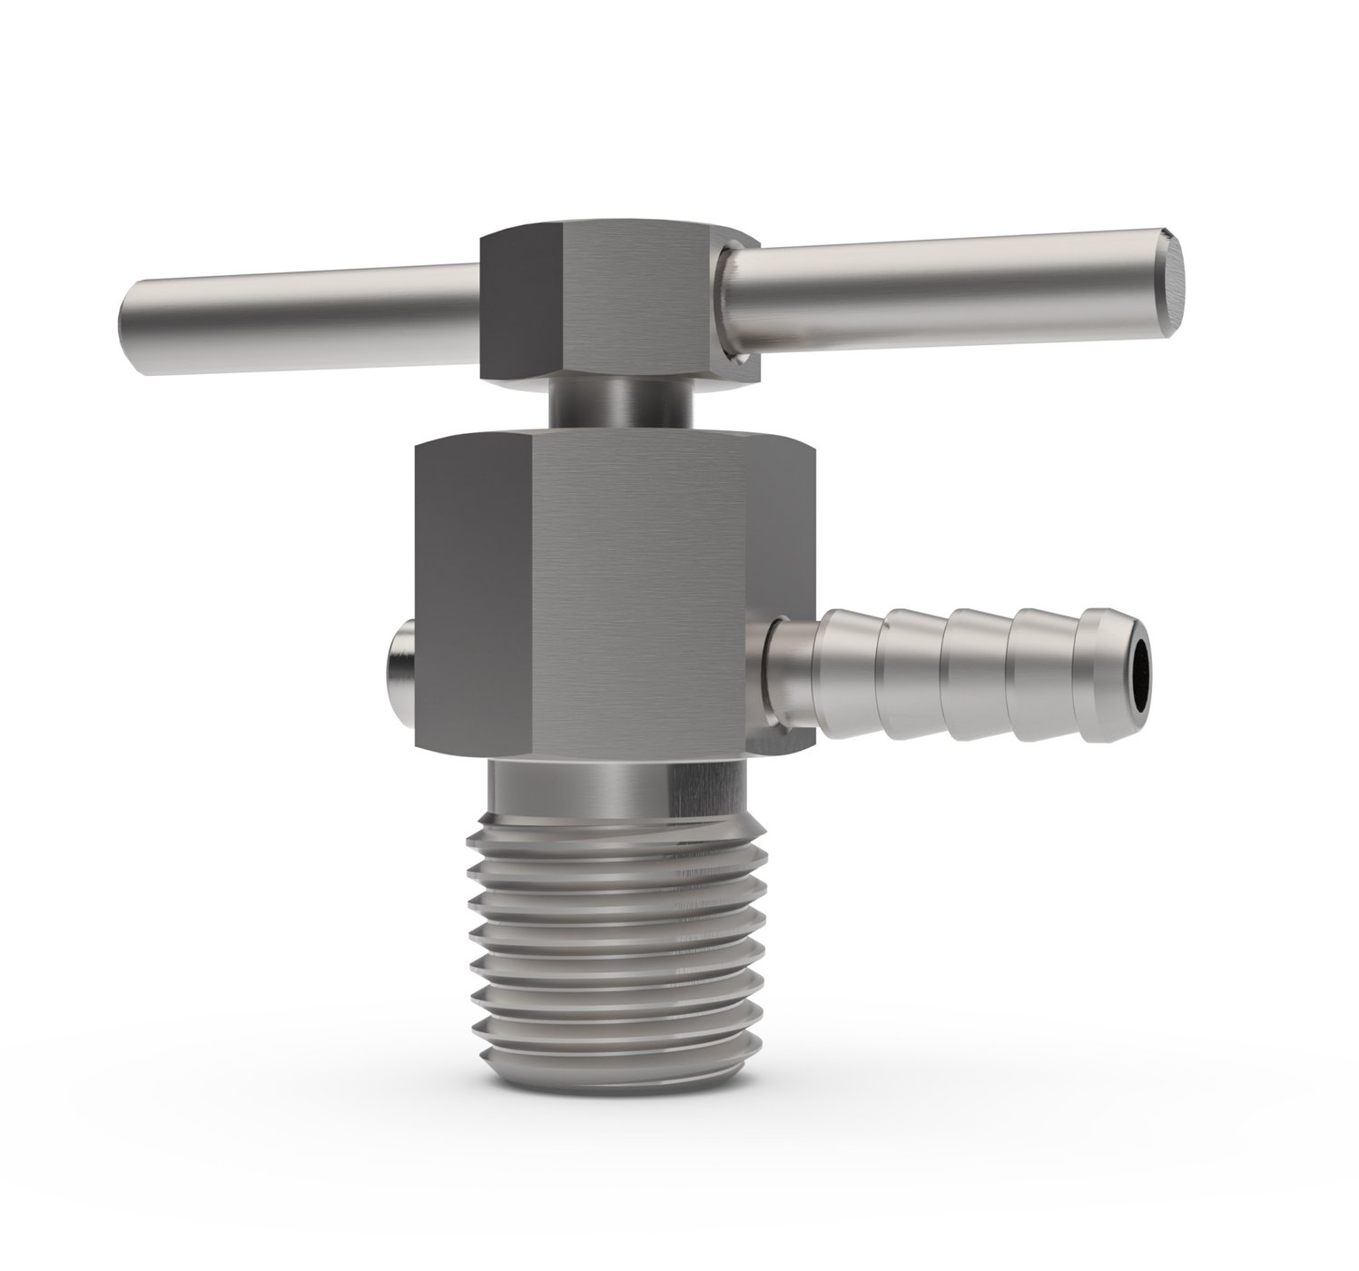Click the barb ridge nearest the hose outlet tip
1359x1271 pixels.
point(1103,663)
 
